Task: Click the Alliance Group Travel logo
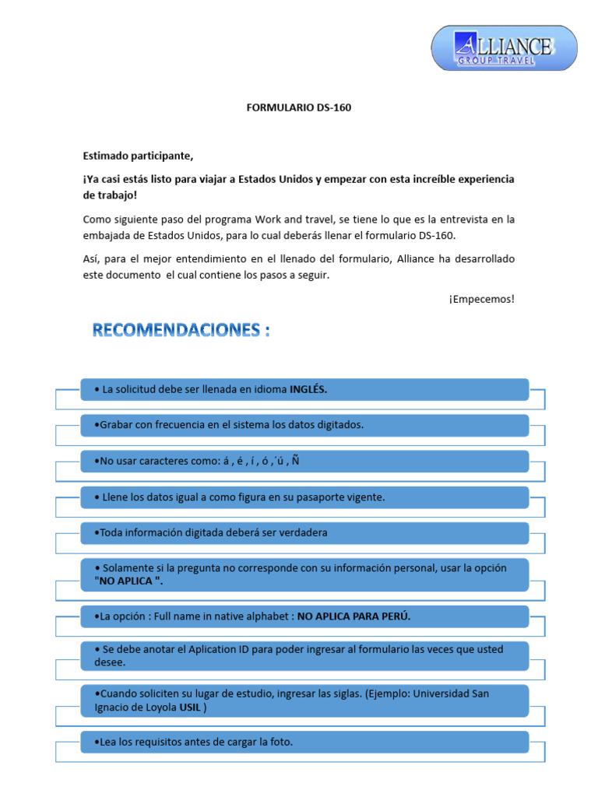[504, 49]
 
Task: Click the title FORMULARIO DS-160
[298, 107]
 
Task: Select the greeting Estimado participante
[138, 155]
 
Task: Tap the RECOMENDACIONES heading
[181, 330]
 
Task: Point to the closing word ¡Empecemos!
[481, 299]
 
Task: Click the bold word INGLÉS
[308, 389]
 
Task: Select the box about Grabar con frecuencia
[304, 425]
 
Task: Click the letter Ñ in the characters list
[296, 462]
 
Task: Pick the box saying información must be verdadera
[304, 532]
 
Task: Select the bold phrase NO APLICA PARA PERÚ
[354, 616]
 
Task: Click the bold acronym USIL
[190, 707]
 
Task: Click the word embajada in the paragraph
[106, 235]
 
